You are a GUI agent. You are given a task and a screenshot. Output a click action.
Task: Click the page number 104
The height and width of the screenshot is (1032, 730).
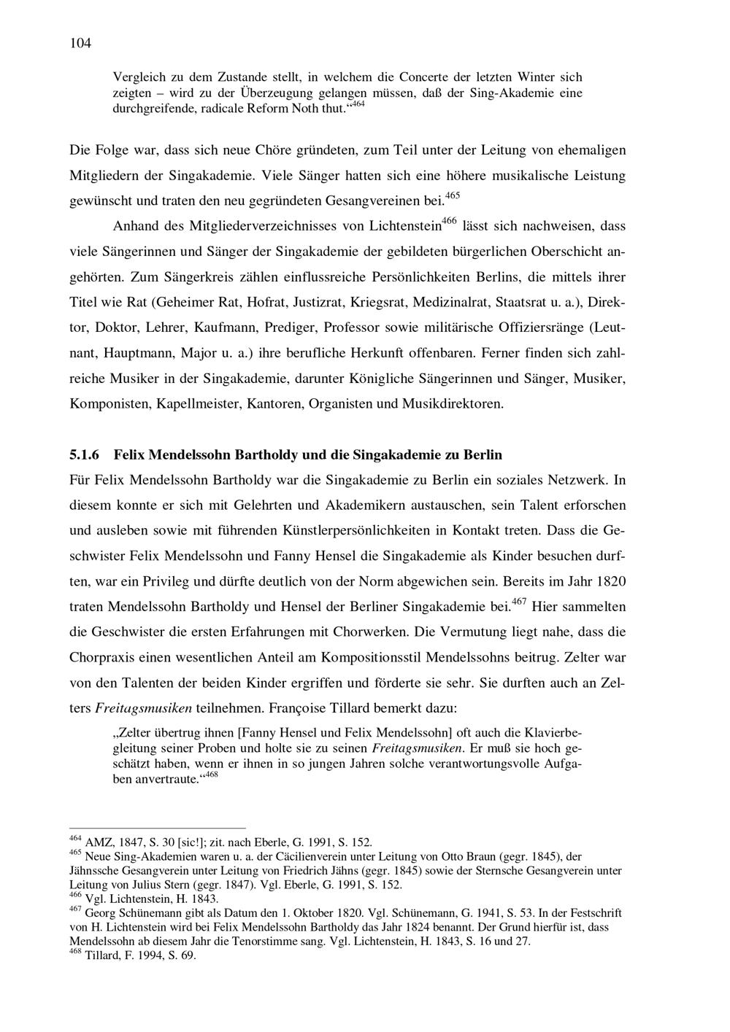[80, 44]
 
